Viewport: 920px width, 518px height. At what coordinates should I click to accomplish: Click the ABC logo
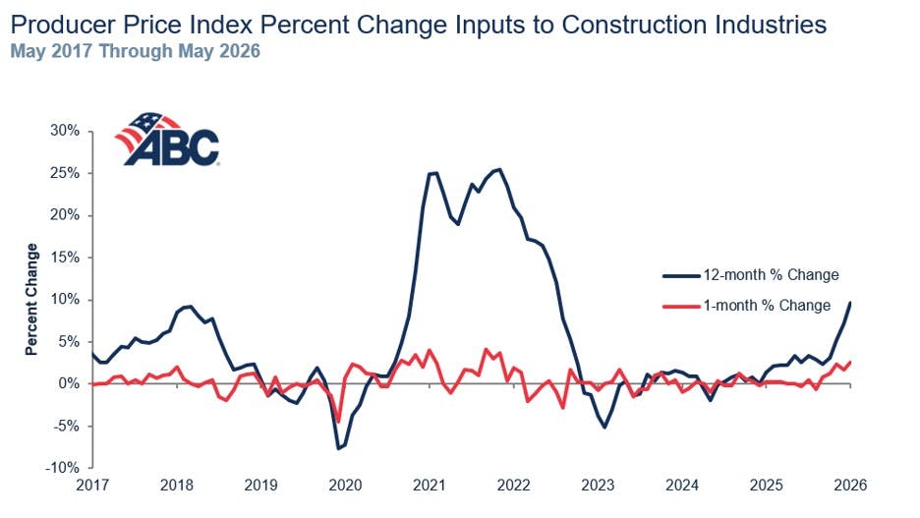167,139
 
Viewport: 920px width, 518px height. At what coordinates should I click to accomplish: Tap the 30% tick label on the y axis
65,131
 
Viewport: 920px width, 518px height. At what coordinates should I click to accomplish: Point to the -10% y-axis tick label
62,468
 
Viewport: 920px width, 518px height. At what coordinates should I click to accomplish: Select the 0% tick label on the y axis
69,383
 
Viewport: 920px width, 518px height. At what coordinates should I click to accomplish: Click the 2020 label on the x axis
345,486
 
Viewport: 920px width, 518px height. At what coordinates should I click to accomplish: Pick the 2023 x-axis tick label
598,486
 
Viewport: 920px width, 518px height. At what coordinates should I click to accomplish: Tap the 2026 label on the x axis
851,486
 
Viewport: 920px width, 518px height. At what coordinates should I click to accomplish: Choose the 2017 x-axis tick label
92,486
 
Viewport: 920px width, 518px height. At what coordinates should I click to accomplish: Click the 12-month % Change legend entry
751,275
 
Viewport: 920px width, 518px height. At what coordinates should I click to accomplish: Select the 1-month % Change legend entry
747,306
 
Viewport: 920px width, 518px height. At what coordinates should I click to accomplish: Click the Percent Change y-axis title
31,299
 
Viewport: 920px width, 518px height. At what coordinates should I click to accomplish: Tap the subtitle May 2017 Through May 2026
135,51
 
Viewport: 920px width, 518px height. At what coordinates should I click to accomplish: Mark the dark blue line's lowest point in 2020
338,449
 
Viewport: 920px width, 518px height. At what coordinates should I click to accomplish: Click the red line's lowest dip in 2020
338,422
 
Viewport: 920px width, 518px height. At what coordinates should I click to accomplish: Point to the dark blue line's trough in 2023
604,427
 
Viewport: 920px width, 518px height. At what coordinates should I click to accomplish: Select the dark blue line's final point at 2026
850,303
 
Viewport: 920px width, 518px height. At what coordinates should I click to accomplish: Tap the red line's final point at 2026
850,362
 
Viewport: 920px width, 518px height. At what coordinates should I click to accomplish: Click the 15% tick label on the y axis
65,258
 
